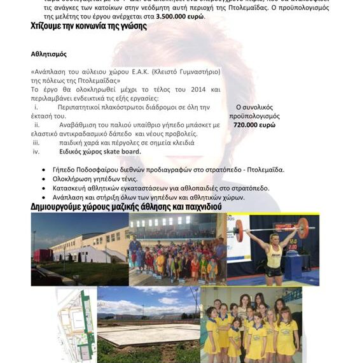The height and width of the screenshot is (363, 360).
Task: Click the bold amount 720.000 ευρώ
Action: (254, 126)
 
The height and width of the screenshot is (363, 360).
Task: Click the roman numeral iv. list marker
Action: (36, 152)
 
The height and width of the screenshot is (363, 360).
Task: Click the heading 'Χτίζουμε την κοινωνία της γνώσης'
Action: (88, 27)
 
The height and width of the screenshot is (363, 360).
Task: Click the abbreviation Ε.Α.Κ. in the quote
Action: (142, 72)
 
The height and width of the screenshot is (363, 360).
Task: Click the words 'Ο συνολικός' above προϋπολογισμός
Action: (254, 108)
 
